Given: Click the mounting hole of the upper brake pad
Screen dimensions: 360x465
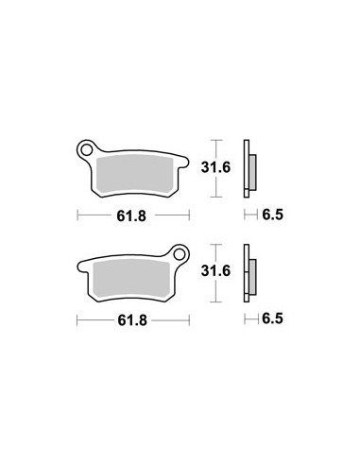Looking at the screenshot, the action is [87, 150].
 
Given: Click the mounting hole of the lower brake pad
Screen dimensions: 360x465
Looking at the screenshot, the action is [180, 254].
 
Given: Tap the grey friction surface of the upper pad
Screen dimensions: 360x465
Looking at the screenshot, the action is [135, 174].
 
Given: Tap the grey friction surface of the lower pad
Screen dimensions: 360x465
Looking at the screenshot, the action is [131, 279].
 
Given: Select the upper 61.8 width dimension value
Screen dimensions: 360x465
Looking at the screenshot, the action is [131, 216].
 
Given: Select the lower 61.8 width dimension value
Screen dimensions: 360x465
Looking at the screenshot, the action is [132, 320].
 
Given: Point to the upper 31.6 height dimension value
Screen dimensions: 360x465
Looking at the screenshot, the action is [216, 167].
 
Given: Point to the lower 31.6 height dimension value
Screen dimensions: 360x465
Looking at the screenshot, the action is [216, 271].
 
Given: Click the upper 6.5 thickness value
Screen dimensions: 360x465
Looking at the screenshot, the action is [273, 215].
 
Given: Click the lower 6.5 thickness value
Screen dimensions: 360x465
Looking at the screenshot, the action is [273, 319].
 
